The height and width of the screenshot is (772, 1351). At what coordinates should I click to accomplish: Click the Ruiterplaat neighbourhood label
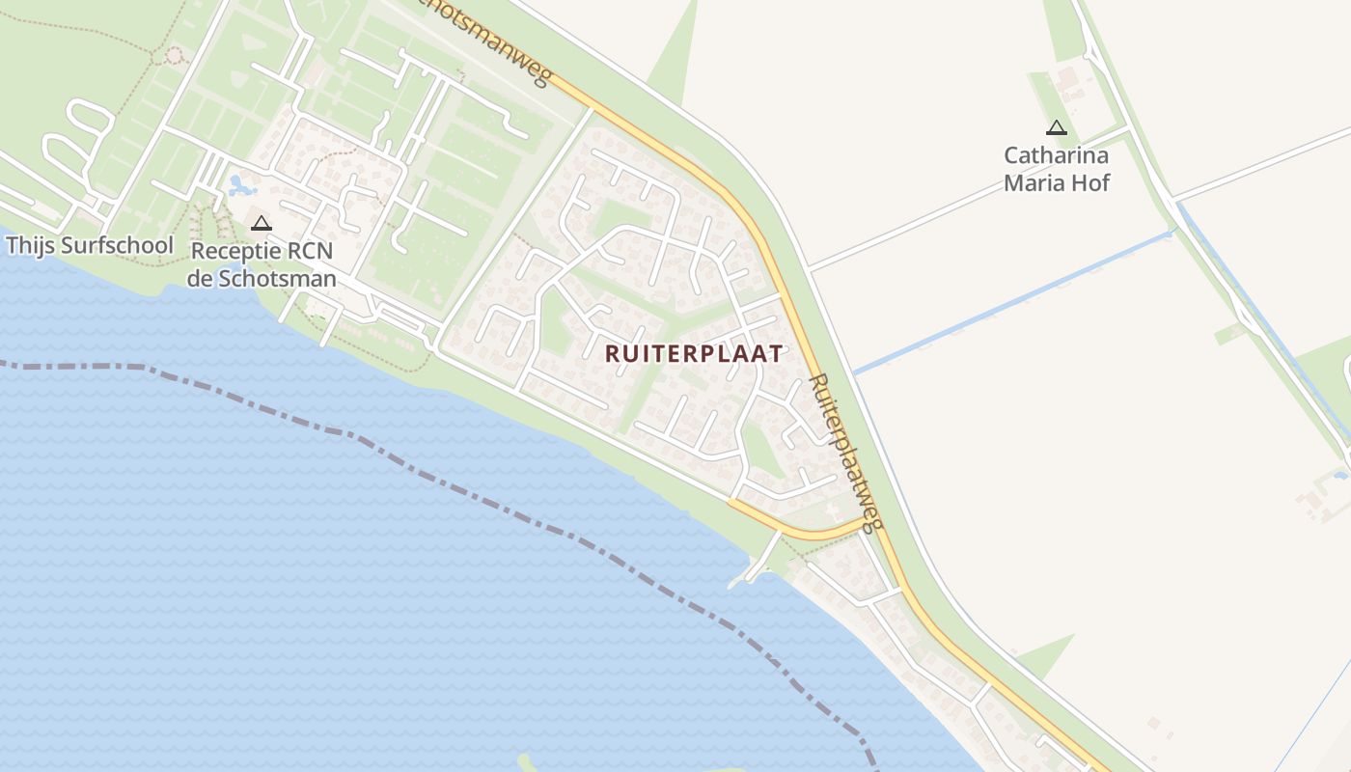pos(694,353)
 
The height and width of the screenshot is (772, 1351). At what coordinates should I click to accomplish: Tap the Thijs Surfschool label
pos(89,245)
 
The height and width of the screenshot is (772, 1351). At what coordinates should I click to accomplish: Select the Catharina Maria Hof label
pos(1057,169)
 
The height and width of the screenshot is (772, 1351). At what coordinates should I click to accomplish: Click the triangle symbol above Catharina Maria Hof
pos(1057,127)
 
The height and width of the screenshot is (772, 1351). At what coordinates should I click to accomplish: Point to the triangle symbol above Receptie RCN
pos(261,224)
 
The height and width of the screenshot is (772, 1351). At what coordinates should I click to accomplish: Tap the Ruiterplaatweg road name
pos(845,452)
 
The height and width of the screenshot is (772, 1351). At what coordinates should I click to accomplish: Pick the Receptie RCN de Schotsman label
pos(262,265)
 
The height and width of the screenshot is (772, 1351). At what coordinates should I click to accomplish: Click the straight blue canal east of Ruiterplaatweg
pos(1013,299)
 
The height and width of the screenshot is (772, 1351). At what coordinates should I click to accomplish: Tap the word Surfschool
pos(117,245)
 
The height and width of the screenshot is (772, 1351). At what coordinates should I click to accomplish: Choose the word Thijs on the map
pos(30,245)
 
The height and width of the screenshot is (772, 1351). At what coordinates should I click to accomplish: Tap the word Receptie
pos(234,251)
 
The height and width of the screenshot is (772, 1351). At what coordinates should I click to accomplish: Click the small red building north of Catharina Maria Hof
pos(1067,75)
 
